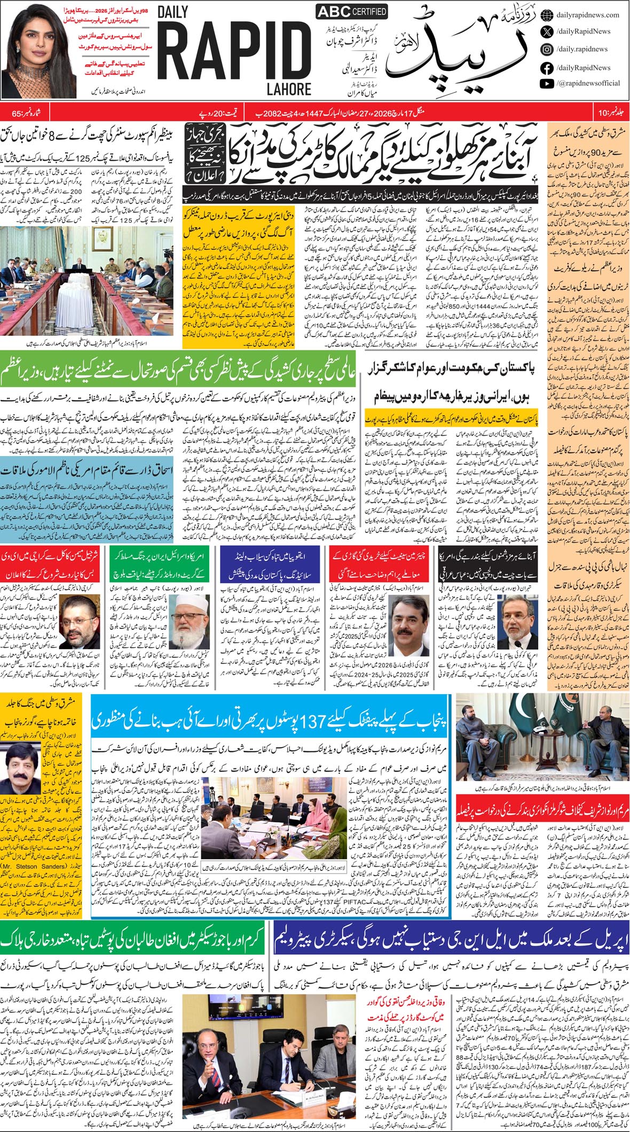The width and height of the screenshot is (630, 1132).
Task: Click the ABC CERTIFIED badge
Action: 344,12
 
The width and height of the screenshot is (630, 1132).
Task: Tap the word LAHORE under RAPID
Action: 289,88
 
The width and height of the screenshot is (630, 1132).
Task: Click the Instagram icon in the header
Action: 547,49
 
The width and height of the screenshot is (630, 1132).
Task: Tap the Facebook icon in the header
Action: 547,68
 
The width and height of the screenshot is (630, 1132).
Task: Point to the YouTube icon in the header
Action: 547,83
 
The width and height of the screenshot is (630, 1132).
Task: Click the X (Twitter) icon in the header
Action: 547,32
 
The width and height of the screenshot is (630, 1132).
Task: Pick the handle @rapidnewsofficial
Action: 588,83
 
